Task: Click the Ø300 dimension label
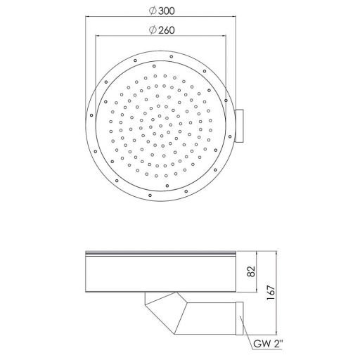[162, 11]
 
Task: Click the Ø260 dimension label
[162, 30]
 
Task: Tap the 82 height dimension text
[251, 271]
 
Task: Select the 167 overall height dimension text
[271, 293]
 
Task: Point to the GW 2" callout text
[268, 344]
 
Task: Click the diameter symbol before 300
[153, 11]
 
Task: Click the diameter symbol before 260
[153, 30]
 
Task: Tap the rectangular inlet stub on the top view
[239, 126]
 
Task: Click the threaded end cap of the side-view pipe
[240, 319]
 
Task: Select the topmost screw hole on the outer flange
[172, 56]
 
